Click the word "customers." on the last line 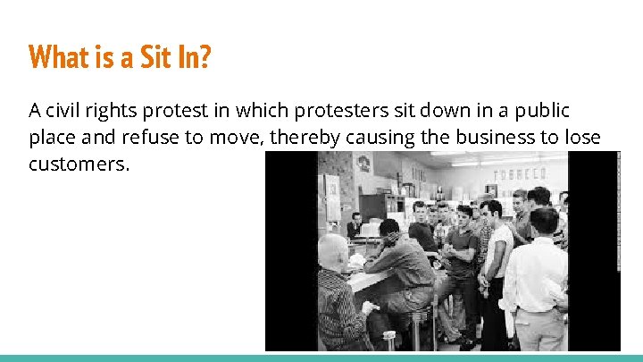coord(79,164)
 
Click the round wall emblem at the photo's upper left coord(363,164)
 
